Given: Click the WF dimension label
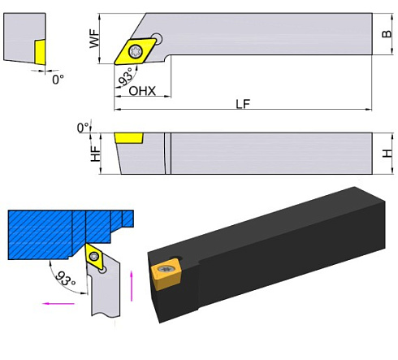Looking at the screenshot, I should pos(94,37).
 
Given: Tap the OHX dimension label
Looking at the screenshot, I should pos(142,91).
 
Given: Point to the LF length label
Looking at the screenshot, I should pos(241,105).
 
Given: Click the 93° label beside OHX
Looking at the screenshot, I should pos(124,79).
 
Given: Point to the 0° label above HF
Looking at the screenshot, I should pos(82,128).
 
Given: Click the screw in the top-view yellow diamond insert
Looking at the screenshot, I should pos(136,51).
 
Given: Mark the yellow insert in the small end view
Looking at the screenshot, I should pos(38,51).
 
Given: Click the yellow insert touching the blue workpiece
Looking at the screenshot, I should pos(94,259).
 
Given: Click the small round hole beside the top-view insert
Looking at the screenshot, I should pos(157,37).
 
